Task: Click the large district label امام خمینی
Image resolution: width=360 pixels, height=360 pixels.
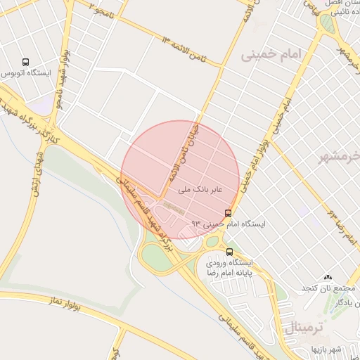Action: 270,55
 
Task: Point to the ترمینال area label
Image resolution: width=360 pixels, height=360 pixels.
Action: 305,326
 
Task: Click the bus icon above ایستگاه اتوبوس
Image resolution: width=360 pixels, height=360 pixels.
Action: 26,62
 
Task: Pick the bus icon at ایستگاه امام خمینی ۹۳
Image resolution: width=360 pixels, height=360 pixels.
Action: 228,212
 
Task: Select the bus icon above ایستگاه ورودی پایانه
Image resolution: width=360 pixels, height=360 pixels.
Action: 231,251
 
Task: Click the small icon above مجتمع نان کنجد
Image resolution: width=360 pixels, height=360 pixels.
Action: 327,277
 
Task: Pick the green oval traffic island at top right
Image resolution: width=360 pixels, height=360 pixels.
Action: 327,22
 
